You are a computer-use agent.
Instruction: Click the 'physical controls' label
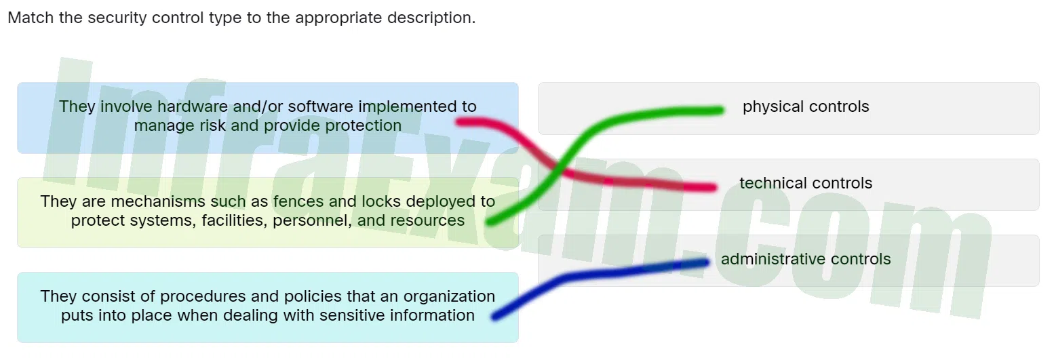pyautogui.click(x=806, y=106)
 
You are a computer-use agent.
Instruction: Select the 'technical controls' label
pyautogui.click(x=806, y=183)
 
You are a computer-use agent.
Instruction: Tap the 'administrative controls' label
pyautogui.click(x=806, y=259)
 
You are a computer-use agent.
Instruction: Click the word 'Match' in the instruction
pyautogui.click(x=31, y=18)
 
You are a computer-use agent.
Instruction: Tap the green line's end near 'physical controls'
pyautogui.click(x=720, y=111)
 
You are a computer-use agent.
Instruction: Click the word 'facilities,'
pyautogui.click(x=235, y=220)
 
